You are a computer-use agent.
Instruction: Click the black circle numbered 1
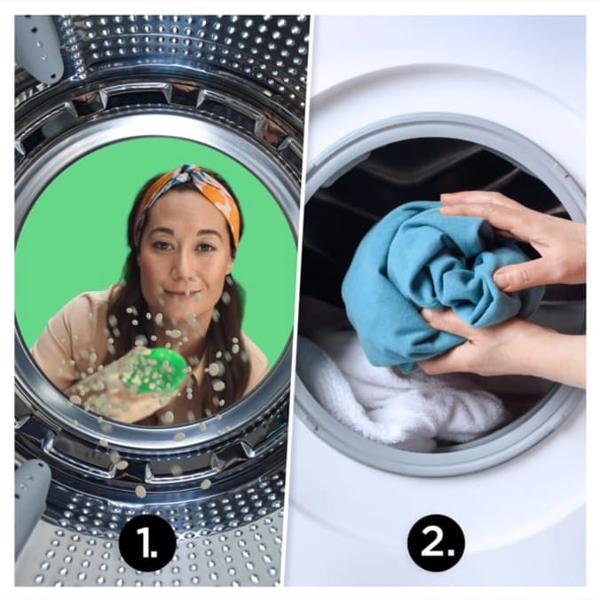[x=147, y=542]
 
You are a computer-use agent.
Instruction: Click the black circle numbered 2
[x=436, y=542]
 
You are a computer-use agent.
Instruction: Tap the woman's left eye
[x=205, y=247]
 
